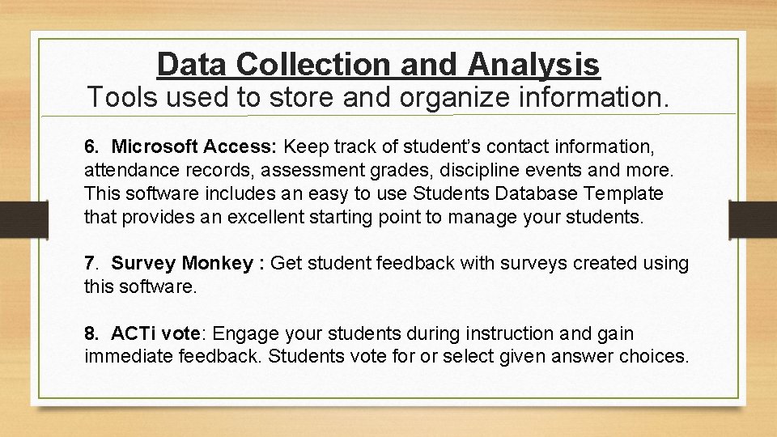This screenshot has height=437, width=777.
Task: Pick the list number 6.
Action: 90,148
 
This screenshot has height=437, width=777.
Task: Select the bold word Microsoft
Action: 154,148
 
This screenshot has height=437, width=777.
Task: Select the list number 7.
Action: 90,263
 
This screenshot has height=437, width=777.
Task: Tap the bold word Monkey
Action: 217,263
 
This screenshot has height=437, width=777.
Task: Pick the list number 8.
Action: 90,333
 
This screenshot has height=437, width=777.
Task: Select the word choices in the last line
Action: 649,356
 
